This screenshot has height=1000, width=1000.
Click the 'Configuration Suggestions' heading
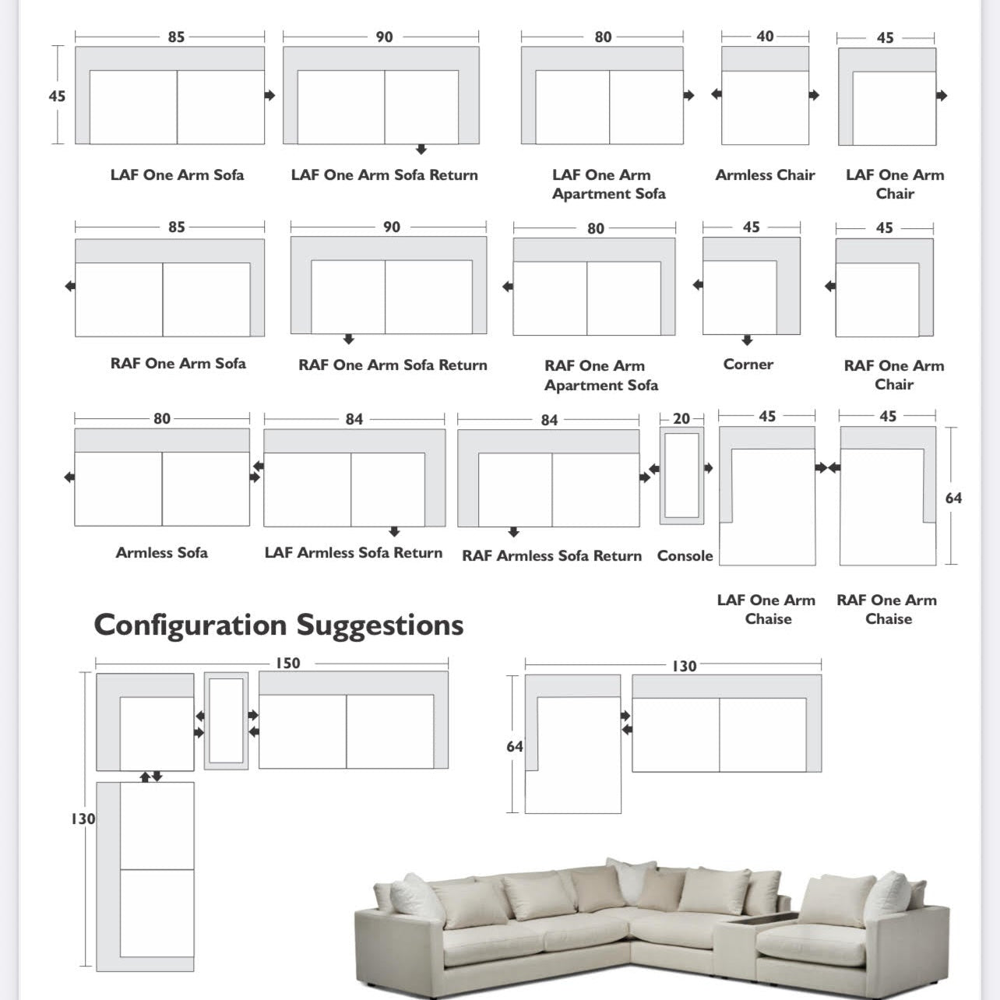(278, 625)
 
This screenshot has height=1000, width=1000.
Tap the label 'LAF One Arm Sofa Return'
(384, 175)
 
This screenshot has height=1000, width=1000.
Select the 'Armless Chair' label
(765, 175)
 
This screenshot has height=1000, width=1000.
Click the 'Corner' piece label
(748, 364)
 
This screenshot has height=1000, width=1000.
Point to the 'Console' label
(685, 556)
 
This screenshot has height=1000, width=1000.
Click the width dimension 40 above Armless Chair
(765, 37)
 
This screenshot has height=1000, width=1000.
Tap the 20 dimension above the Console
(681, 419)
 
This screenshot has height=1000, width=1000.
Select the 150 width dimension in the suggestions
(287, 664)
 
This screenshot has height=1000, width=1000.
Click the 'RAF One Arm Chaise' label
(887, 609)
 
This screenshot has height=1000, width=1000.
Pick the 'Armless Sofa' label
(161, 553)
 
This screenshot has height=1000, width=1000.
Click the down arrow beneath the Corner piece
(747, 340)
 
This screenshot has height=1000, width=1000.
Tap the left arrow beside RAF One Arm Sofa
(69, 287)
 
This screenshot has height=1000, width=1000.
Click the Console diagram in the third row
(681, 476)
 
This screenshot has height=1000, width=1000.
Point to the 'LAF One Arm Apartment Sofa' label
(608, 185)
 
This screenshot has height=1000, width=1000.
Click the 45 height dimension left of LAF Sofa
(57, 97)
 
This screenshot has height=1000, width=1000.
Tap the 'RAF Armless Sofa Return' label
(551, 556)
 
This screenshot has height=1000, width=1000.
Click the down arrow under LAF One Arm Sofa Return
(421, 150)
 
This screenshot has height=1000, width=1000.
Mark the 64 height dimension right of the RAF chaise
(953, 498)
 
